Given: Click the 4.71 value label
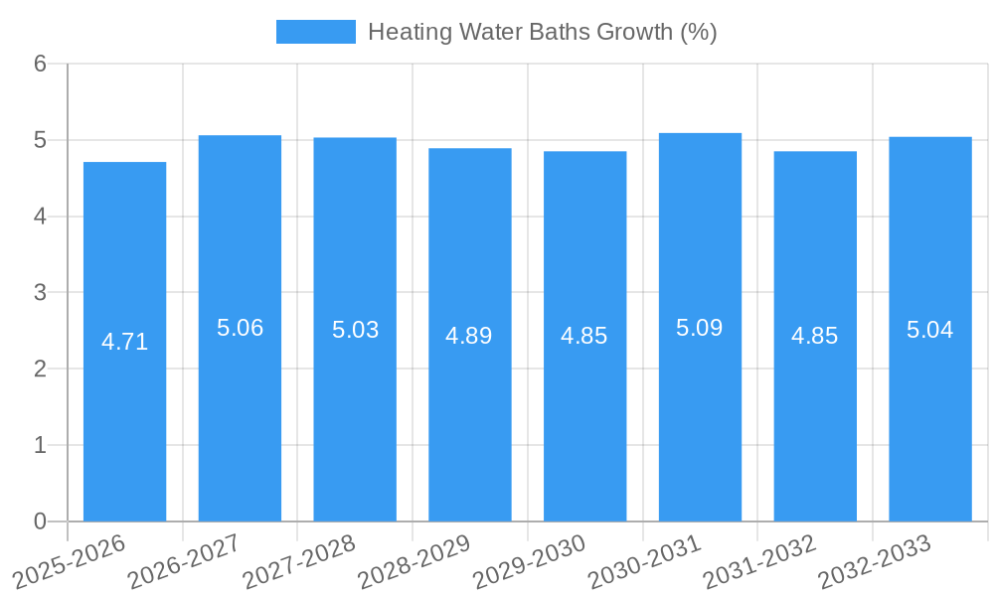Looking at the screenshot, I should coord(124,342).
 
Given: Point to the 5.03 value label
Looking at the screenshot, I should coord(355,330).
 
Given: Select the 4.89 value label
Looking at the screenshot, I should coord(469,336).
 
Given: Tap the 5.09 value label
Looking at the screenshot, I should coord(700,328).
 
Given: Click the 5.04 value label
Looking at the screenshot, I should coord(930,330).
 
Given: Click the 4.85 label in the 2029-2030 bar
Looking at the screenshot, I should coord(584,336).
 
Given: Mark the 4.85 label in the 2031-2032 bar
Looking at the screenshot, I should coord(815,336).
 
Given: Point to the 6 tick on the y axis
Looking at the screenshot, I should coord(40,64).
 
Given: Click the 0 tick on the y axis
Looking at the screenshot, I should coord(40,521).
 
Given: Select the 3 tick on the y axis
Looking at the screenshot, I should coord(40,293).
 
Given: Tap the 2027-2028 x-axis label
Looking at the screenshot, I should coord(299,562).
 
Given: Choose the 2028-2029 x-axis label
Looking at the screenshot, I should coord(414,562).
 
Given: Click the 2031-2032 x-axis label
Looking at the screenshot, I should coord(759,562).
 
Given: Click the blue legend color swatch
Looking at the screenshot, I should coord(315,32).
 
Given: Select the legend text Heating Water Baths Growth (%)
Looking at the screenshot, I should coord(542,32).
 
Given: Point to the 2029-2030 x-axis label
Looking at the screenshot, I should coord(530,562).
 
